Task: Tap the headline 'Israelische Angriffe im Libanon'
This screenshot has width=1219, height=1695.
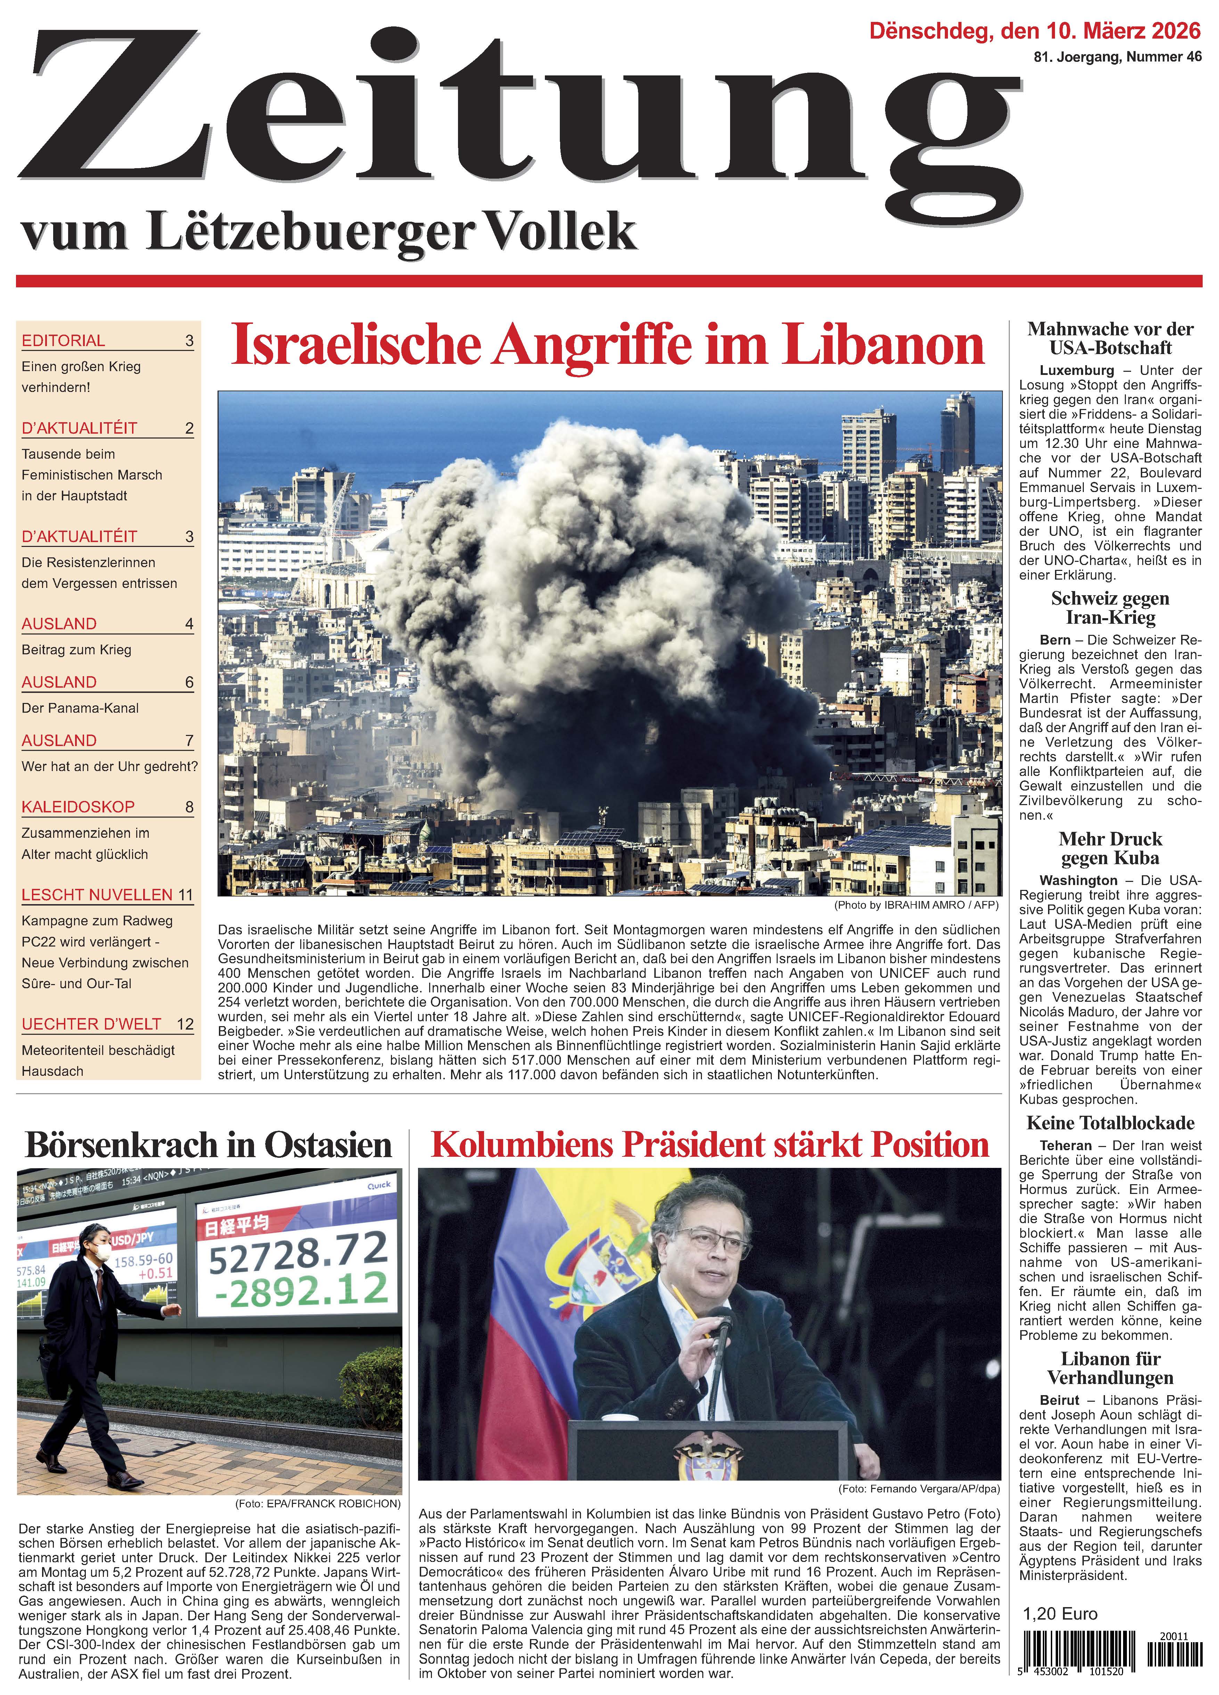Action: coord(608,345)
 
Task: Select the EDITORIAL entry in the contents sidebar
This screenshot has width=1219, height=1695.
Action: coord(64,341)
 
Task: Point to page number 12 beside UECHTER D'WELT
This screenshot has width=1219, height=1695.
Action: coord(185,1024)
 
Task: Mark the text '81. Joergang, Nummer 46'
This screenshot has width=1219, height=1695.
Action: coord(1117,57)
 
